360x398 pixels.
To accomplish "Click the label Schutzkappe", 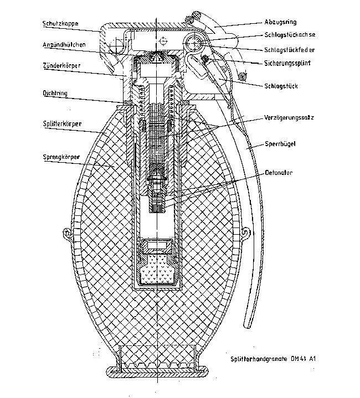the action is coord(60,24).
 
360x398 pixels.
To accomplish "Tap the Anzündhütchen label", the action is coord(64,45).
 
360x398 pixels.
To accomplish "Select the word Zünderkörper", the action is coord(61,65).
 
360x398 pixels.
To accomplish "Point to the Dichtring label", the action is coord(55,93).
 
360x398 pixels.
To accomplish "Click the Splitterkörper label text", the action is coord(62,124).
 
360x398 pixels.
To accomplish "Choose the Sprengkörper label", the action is coord(61,157).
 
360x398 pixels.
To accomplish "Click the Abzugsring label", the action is coord(280,22).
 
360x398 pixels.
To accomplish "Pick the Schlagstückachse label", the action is coord(290,34).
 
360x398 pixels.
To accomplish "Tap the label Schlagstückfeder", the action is coord(290,50).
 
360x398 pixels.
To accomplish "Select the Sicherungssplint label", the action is coord(287,63).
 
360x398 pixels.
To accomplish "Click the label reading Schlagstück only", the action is coord(281,86).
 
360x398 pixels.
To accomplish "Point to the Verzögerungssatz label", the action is coord(289,117).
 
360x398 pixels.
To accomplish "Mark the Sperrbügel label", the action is coord(280,144).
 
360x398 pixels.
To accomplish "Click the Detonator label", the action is coord(279,173).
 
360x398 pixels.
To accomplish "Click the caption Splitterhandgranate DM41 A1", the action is coord(273,359).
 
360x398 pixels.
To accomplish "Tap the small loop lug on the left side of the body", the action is coord(66,233).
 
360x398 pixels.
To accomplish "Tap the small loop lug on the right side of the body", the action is coord(246,232).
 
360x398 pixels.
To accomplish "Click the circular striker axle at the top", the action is coord(194,43).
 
